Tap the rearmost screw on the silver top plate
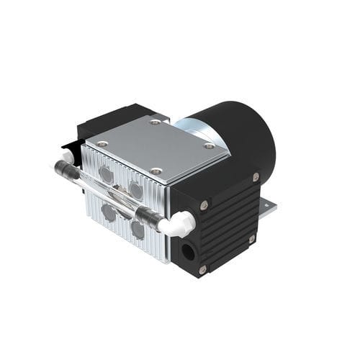tap(155, 122)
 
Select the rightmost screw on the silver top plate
tap(209, 146)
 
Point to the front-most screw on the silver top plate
tap(157, 171)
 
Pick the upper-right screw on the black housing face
tap(256, 176)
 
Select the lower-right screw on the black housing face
tap(251, 238)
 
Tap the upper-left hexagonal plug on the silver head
tap(107, 174)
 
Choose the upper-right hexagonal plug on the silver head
tap(135, 190)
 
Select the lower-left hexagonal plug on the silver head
tap(109, 212)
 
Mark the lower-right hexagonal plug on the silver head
tap(138, 228)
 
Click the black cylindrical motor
tap(238, 137)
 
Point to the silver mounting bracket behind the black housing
tap(267, 208)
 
